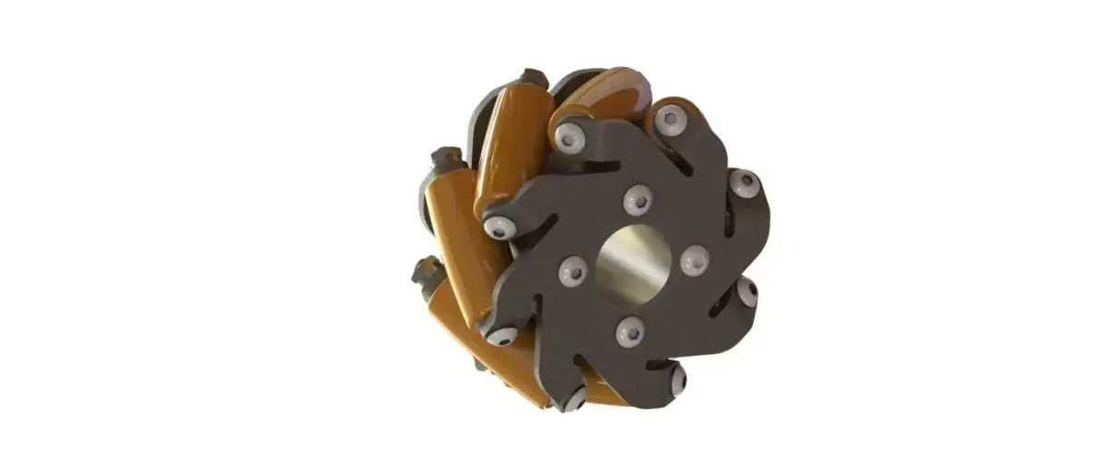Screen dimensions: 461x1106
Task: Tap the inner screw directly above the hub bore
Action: [638, 199]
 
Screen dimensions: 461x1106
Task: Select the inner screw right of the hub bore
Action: [694, 260]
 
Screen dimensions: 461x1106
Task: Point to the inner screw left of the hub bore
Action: [573, 269]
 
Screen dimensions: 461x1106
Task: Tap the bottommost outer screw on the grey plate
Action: [575, 398]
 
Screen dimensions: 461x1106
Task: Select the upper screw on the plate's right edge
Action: [745, 183]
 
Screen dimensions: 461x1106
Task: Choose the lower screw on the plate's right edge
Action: [747, 292]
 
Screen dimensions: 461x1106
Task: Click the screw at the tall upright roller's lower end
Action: [500, 227]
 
